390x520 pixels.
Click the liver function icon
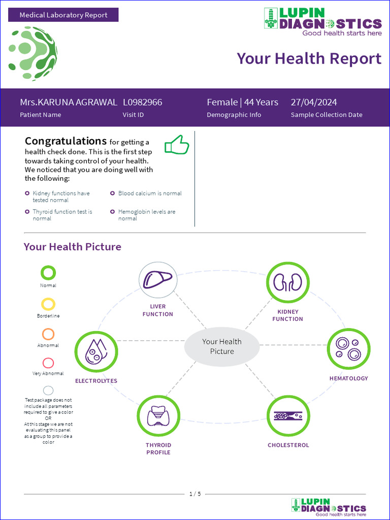click(x=158, y=280)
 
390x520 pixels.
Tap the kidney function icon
click(x=288, y=282)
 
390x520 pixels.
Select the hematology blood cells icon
click(x=348, y=349)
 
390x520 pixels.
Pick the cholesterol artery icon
click(x=288, y=415)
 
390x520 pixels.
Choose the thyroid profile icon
click(x=158, y=416)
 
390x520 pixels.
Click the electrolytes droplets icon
click(x=96, y=351)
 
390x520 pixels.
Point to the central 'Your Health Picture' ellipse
click(x=222, y=346)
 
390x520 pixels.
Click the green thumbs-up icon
click(x=177, y=145)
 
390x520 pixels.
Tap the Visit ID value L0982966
click(x=143, y=102)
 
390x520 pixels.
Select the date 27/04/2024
click(x=314, y=102)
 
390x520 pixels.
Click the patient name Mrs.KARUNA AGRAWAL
click(x=69, y=102)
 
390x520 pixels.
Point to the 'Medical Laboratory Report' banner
click(x=63, y=15)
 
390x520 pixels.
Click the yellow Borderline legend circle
click(x=48, y=304)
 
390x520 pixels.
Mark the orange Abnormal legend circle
click(x=48, y=334)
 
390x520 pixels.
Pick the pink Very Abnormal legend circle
click(x=48, y=363)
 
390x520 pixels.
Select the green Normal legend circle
click(x=48, y=273)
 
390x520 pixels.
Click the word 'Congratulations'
click(x=66, y=141)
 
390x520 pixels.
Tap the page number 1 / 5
click(x=195, y=494)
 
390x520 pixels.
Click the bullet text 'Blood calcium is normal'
click(x=150, y=193)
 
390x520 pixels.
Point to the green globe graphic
click(x=32, y=54)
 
